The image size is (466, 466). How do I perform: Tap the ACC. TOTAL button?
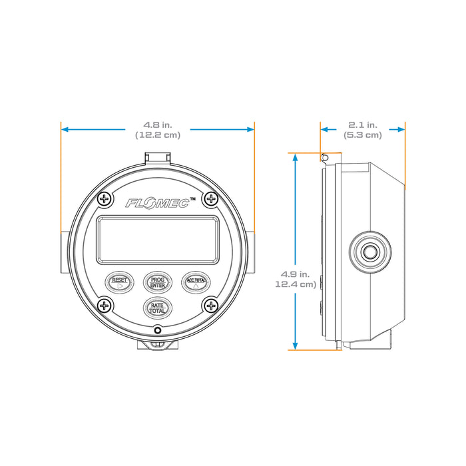(196, 282)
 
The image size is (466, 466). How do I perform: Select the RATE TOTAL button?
(158, 307)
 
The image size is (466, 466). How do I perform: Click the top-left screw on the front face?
(105, 198)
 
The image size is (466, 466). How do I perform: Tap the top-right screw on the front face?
(210, 198)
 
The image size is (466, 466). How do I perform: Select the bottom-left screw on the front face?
(105, 306)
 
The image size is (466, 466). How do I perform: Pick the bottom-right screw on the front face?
(210, 306)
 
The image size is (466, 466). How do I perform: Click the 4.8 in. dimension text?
(158, 124)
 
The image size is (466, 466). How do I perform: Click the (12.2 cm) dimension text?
(158, 134)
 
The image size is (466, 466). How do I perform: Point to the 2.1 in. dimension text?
(363, 124)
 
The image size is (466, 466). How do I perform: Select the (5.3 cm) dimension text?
(363, 134)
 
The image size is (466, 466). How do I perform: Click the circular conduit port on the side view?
(367, 252)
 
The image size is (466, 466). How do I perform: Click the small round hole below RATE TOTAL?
(158, 330)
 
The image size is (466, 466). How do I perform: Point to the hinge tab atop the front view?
(158, 157)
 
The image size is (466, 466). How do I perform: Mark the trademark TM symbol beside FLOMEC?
(192, 198)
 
